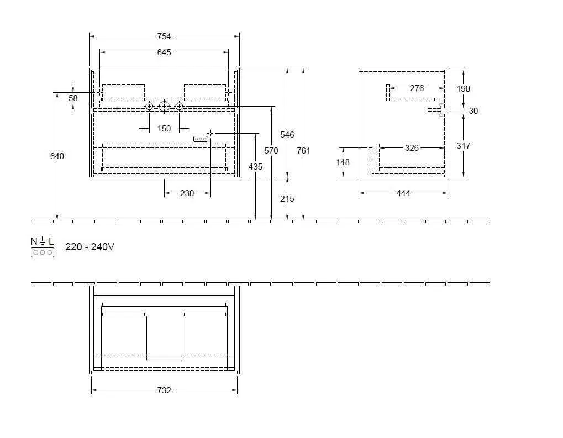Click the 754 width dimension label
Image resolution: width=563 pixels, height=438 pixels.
tap(164, 36)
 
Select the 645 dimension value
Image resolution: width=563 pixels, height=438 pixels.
tap(164, 52)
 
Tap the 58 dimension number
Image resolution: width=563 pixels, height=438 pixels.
tap(73, 98)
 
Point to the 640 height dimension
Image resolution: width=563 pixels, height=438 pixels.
tap(57, 156)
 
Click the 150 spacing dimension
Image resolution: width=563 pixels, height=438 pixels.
tap(164, 129)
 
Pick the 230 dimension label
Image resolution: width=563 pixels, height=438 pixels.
tap(187, 193)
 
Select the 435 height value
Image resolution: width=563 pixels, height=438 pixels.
tap(255, 167)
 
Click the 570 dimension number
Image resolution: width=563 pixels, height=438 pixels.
tap(271, 151)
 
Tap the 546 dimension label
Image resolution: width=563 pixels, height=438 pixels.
tap(287, 135)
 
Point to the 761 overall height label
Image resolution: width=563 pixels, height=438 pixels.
tap(303, 151)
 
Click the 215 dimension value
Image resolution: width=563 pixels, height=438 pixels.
tap(287, 199)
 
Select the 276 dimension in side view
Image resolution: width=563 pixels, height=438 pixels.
tap(417, 88)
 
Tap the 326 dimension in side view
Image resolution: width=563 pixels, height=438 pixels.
tap(412, 148)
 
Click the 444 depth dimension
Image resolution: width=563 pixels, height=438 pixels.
tap(403, 193)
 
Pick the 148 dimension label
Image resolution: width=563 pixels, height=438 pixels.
tap(343, 162)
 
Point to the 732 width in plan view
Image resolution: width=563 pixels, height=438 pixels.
tap(164, 390)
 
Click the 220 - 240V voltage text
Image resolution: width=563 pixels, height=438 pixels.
tap(90, 247)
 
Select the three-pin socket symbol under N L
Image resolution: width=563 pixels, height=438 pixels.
tap(43, 252)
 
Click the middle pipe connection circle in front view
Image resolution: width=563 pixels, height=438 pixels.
tap(164, 106)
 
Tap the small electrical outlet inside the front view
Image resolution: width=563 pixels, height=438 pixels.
tap(200, 139)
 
